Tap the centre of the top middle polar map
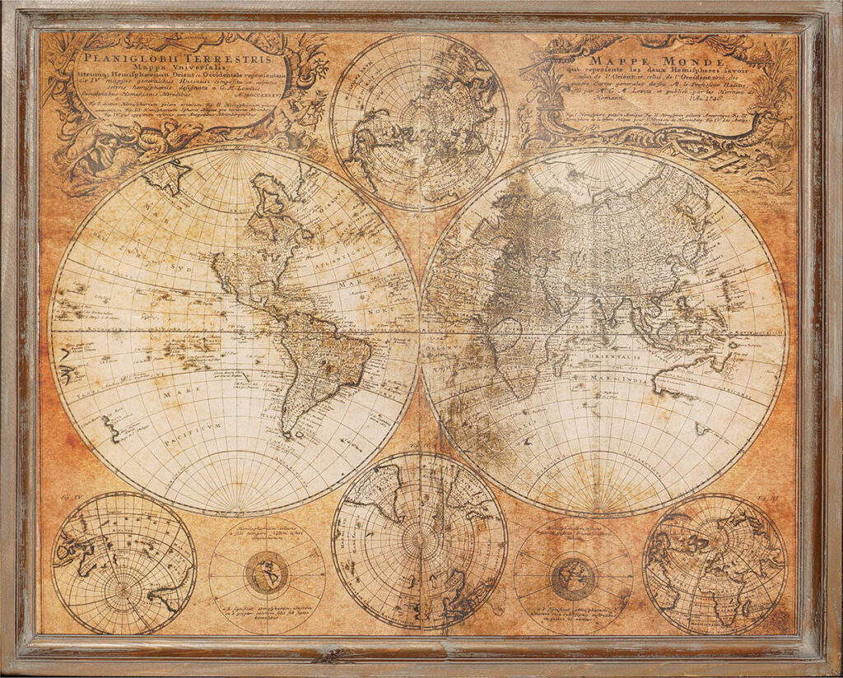click(x=419, y=122)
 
